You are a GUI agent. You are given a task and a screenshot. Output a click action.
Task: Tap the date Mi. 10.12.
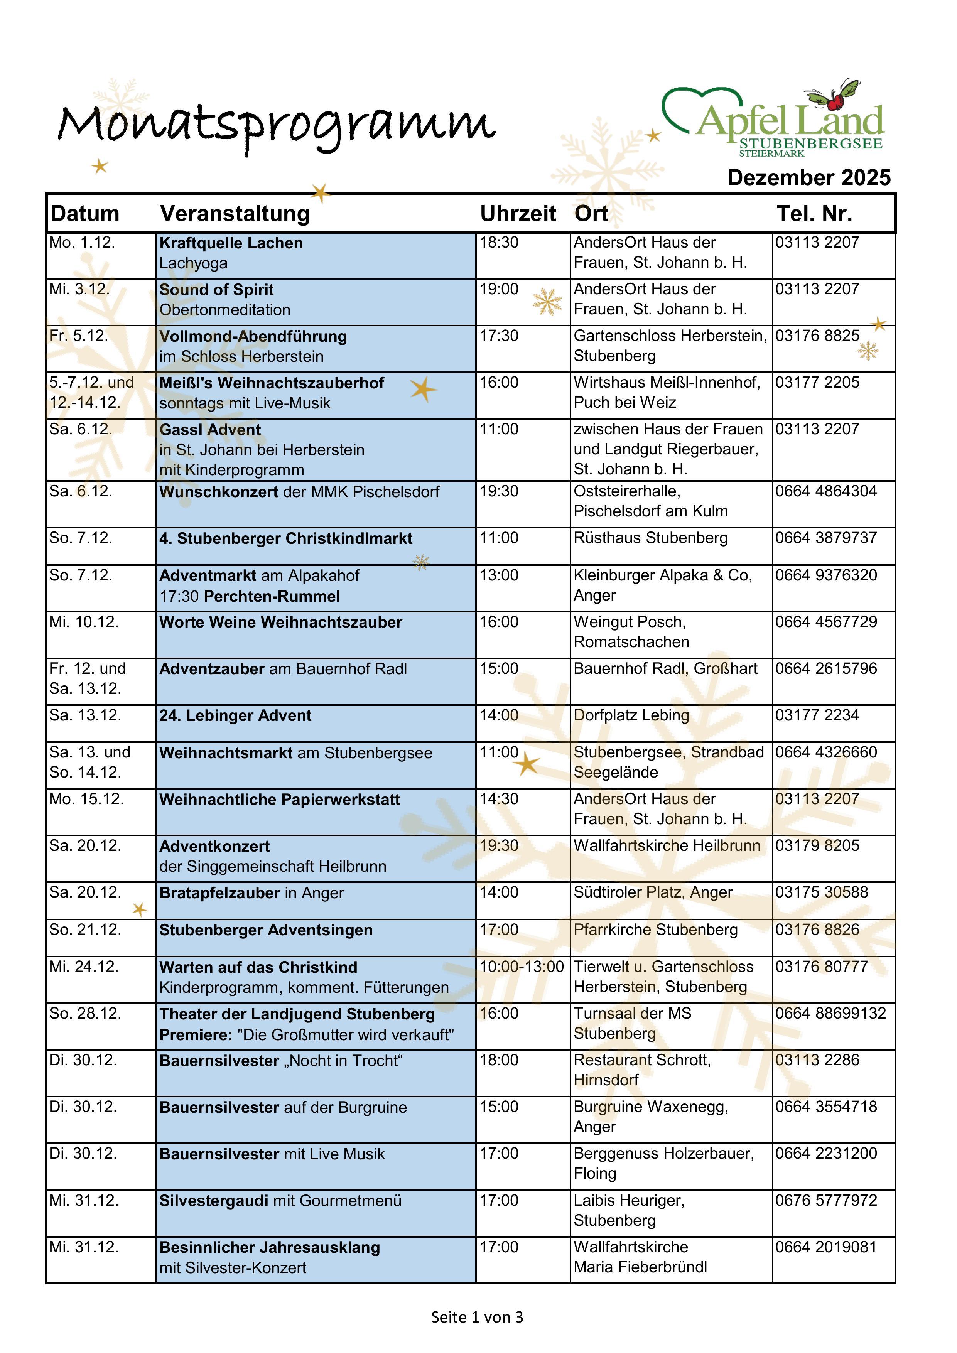click(84, 622)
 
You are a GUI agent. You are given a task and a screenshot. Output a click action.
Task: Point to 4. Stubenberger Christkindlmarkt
click(286, 538)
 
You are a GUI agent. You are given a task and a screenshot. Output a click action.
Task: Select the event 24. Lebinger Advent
click(235, 715)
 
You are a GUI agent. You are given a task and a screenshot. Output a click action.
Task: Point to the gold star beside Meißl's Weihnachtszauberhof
click(423, 390)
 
